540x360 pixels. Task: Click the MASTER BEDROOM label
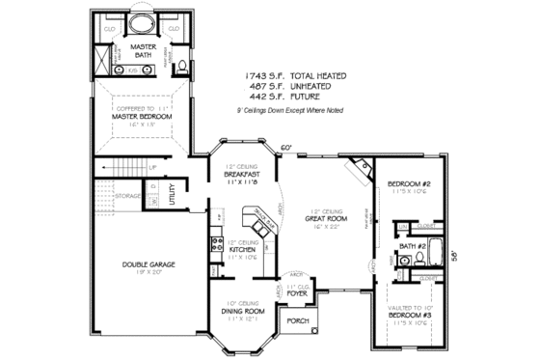142,116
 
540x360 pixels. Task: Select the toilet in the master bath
179,66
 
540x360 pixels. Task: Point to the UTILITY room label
172,194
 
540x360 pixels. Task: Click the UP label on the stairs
152,168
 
